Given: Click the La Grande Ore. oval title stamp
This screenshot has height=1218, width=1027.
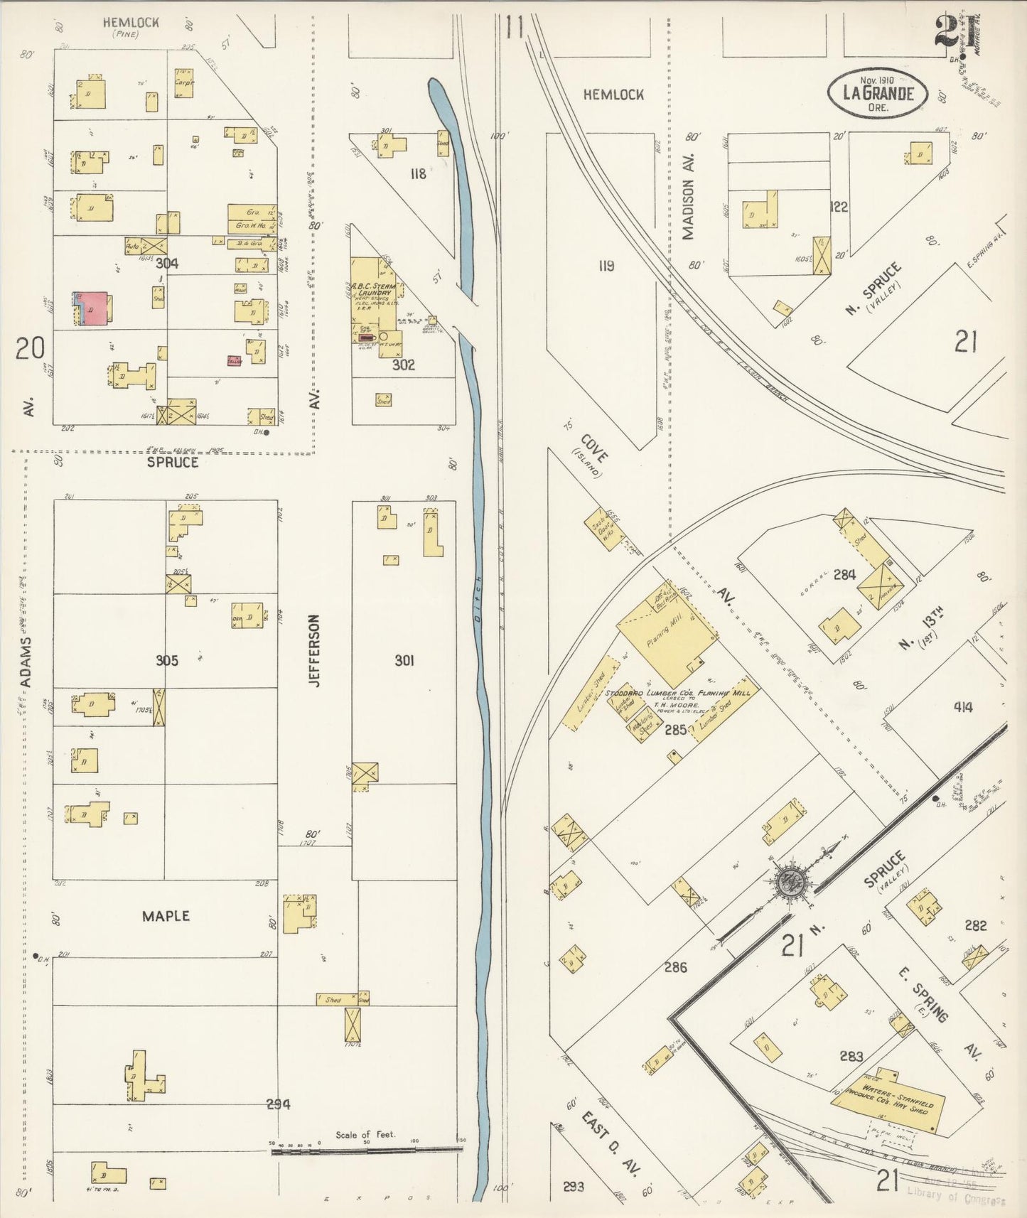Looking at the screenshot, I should [877, 91].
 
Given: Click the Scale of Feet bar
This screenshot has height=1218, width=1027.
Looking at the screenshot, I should [367, 1148].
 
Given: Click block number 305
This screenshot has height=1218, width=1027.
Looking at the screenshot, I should [166, 661].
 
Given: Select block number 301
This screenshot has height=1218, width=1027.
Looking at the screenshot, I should [404, 661].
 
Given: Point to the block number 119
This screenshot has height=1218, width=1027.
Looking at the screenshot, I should [606, 266].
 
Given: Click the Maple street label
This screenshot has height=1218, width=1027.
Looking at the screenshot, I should [165, 916].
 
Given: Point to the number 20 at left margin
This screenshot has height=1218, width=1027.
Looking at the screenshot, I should [31, 347].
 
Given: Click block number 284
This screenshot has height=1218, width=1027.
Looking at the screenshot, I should [844, 574].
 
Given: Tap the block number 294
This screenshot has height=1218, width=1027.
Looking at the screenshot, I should [278, 1104].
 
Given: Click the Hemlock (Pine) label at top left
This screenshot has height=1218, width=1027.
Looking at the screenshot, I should [130, 25].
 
